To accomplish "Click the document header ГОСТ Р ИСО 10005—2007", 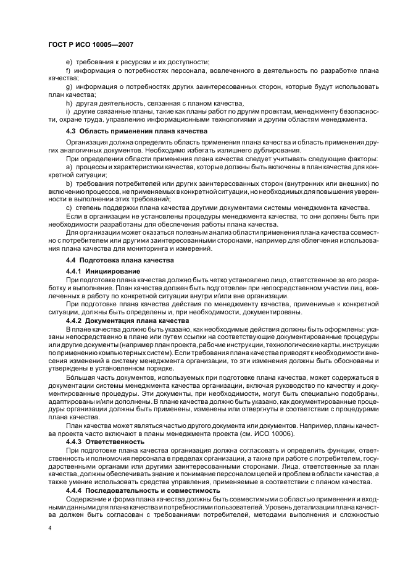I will point(91,45).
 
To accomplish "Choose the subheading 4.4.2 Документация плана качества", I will point(123,321).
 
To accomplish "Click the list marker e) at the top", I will point(69,61).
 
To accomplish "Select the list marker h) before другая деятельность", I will point(69,103).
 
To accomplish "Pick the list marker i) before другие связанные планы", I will point(67,111).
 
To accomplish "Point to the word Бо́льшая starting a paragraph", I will point(78,377).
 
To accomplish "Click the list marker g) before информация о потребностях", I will point(69,87).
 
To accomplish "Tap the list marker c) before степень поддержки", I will point(69,208).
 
